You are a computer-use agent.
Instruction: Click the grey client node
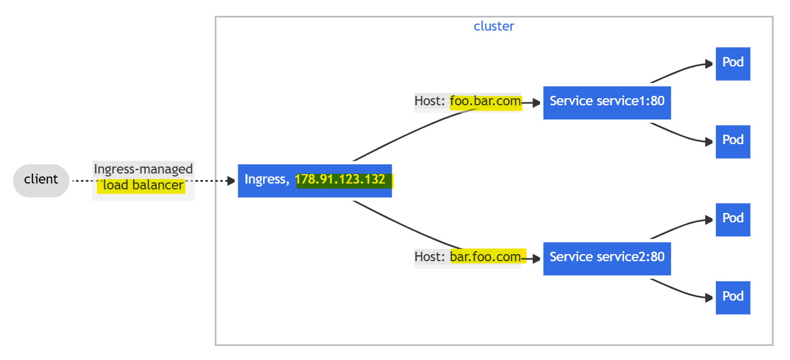point(41,181)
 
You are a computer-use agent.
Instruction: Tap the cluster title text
point(494,26)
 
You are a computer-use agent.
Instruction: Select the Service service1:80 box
point(607,102)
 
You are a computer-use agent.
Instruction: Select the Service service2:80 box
point(607,258)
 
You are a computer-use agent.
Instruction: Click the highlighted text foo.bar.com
point(485,101)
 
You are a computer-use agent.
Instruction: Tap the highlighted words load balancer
point(143,185)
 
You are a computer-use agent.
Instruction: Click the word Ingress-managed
point(143,169)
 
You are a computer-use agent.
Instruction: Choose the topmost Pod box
point(733,64)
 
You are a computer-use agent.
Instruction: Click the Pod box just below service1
point(733,142)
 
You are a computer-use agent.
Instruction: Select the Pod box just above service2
point(733,219)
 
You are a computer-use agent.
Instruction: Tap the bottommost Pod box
point(733,298)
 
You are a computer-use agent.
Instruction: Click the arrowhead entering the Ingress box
point(231,181)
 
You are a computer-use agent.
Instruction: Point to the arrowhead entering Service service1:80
point(536,103)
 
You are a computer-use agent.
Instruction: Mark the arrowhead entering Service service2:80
point(536,259)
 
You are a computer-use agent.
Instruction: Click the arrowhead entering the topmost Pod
point(709,64)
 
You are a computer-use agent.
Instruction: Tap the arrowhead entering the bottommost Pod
point(709,298)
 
